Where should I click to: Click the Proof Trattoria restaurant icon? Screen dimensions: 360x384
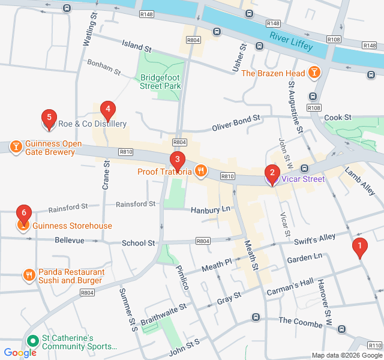coord(200,172)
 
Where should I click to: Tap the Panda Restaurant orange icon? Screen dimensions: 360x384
coord(28,275)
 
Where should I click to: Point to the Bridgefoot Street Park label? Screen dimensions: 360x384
coord(160,82)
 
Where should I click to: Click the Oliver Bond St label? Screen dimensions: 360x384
coord(236,122)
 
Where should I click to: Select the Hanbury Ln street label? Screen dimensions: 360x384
coord(210,210)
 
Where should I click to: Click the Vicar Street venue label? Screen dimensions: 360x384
coord(303,179)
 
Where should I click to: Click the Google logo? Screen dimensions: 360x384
coord(20,353)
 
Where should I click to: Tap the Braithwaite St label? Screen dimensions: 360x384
coord(164,313)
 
